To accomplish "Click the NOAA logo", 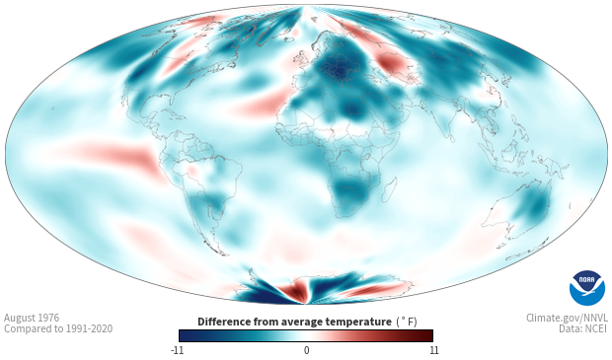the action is point(587,288).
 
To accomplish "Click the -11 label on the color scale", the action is point(177,350).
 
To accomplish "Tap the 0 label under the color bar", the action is point(306,350).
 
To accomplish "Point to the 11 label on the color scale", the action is point(433,350).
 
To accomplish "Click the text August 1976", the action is point(32,318).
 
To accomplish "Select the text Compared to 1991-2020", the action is point(58,328).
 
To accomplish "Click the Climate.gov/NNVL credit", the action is point(568,318).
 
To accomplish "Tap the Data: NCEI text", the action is point(583,328).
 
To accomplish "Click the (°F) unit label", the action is point(407,323).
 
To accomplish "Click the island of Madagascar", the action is point(390,189).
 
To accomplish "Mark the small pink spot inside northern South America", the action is point(192,170).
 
